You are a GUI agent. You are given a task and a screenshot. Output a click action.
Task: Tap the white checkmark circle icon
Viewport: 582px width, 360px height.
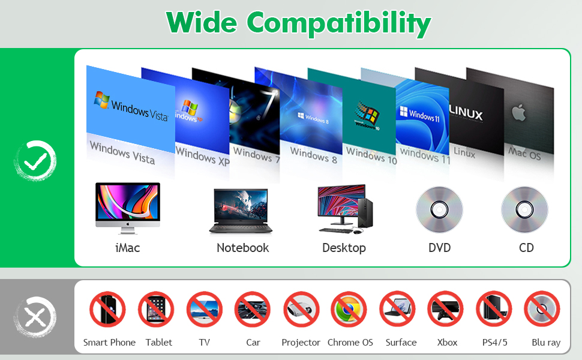click(35, 160)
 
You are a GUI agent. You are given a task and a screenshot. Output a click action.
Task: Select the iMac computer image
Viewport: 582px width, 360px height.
click(128, 207)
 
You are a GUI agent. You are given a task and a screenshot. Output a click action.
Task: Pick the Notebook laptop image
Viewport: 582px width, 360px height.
click(241, 211)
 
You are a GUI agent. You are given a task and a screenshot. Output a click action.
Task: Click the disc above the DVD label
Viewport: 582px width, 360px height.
click(439, 209)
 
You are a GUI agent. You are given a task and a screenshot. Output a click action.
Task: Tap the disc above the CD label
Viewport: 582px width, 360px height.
click(525, 209)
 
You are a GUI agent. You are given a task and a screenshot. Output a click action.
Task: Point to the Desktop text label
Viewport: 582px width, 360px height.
click(344, 248)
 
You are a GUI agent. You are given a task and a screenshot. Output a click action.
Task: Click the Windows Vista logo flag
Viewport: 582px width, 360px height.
click(101, 100)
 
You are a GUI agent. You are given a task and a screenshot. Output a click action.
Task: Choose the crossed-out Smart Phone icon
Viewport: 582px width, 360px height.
click(108, 310)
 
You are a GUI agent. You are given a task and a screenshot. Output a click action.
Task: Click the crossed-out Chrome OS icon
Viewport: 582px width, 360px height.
click(349, 310)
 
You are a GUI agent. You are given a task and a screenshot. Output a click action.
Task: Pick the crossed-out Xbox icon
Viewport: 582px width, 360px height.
click(446, 310)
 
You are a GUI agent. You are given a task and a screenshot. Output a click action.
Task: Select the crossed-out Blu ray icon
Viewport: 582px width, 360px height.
click(542, 310)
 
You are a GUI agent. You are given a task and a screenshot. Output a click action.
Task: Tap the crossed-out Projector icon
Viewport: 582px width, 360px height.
click(301, 310)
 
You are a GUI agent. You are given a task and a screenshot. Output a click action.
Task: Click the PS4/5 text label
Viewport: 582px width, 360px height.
click(496, 343)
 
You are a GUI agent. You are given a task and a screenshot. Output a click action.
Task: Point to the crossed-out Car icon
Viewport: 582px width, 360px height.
click(253, 310)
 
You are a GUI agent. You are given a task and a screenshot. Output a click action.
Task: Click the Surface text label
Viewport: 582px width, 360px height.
click(401, 343)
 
